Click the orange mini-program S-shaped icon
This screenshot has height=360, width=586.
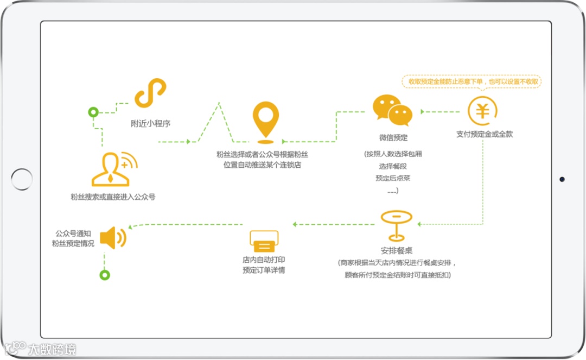click(150, 93)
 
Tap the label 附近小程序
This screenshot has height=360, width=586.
click(150, 123)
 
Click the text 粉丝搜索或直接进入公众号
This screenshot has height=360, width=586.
click(113, 197)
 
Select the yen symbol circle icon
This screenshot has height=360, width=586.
click(482, 110)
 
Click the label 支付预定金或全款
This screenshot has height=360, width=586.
click(484, 134)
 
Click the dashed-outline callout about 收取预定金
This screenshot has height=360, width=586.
click(472, 81)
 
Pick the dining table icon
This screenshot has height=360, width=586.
click(396, 225)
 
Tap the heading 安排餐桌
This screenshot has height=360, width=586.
click(397, 251)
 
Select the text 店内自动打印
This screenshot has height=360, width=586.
click(264, 260)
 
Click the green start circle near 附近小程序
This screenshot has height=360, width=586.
click(93, 112)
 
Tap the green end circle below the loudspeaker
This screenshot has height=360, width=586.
click(104, 275)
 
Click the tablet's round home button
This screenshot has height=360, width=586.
click(22, 179)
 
